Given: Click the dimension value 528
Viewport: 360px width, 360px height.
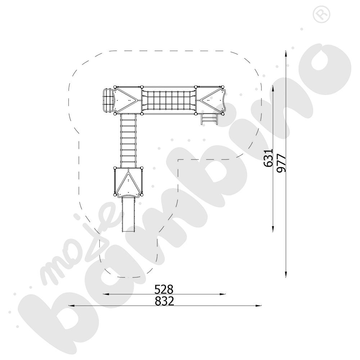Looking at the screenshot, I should (164, 289).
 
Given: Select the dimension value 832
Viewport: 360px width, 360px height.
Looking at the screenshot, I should (164, 301).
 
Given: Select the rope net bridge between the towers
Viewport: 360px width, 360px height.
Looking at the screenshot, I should (168, 100).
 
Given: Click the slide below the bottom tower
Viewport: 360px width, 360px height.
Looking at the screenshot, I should (129, 214).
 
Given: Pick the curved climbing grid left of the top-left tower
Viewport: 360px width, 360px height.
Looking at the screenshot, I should (107, 100).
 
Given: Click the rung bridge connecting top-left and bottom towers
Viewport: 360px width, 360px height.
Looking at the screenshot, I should (128, 140).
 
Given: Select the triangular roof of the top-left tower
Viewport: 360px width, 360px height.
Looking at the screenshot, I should (125, 100).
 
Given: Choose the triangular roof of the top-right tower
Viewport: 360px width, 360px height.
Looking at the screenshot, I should (212, 100).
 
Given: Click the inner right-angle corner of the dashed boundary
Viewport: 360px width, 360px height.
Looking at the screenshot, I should (179, 159).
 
